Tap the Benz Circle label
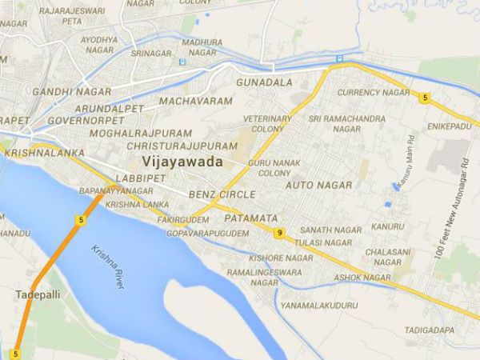click(x=222, y=194)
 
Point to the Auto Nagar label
click(x=319, y=185)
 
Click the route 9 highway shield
click(x=278, y=233)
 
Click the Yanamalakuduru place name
click(x=325, y=303)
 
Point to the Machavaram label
click(x=196, y=102)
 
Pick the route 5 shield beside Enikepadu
click(x=426, y=98)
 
